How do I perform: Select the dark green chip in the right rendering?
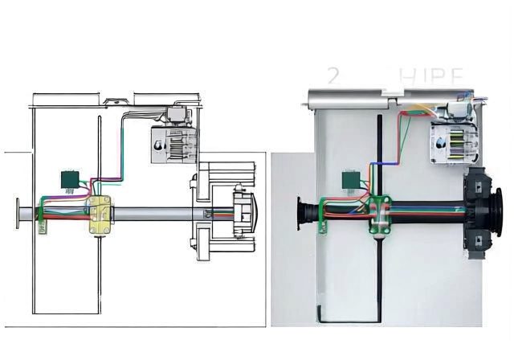tap(351, 180)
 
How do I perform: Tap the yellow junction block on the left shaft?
tap(101, 215)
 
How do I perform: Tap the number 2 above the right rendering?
tap(333, 77)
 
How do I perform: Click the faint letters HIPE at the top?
tap(431, 77)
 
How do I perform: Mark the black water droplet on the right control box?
tap(438, 145)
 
